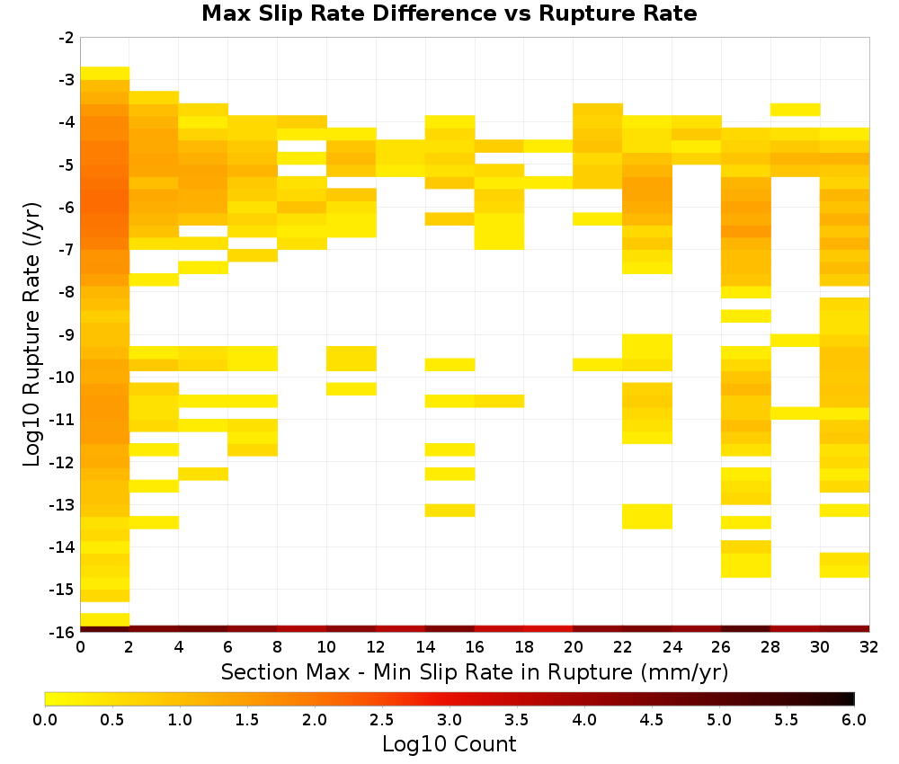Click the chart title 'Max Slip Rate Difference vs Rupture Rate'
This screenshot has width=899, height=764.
[x=449, y=13]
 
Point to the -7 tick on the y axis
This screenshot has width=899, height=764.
[x=67, y=250]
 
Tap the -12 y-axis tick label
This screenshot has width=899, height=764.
[x=63, y=462]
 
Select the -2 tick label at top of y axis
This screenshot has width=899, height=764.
[x=67, y=38]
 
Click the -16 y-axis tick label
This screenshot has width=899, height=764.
[x=63, y=632]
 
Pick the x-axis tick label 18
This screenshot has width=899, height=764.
[x=524, y=647]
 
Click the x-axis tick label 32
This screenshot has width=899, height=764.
[x=869, y=647]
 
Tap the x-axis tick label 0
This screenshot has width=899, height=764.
[x=80, y=647]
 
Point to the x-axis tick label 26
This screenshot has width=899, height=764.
[x=721, y=647]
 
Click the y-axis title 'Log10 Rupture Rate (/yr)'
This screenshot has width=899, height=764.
[x=31, y=334]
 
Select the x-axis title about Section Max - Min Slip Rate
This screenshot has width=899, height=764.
[x=475, y=671]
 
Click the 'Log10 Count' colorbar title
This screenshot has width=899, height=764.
[x=449, y=744]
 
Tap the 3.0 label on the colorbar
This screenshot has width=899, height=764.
[x=449, y=719]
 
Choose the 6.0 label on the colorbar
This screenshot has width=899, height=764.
[x=854, y=719]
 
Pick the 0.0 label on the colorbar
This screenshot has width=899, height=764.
[x=45, y=719]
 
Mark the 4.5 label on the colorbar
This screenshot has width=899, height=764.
[x=652, y=719]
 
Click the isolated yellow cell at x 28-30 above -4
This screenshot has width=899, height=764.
[x=796, y=110]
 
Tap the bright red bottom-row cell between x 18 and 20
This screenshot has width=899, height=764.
[x=548, y=629]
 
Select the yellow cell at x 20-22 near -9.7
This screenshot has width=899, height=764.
[x=598, y=365]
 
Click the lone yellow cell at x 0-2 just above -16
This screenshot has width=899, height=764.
[x=105, y=619]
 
